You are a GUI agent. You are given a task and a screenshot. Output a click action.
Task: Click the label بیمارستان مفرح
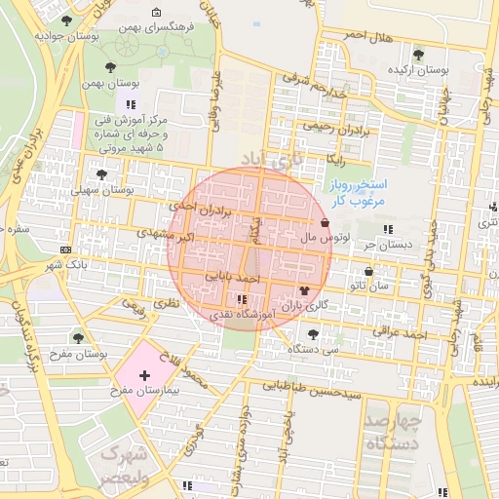coord(143,390)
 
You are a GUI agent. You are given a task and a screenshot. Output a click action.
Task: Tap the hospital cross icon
coord(144,375)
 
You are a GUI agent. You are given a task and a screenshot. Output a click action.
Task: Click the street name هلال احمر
coord(369,36)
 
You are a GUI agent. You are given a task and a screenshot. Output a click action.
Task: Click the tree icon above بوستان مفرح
coord(78,337)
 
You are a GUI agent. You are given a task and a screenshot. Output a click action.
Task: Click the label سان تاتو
coord(370,286)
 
